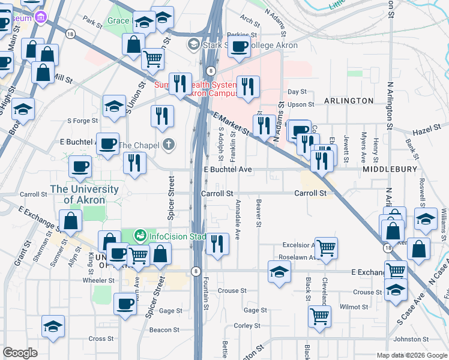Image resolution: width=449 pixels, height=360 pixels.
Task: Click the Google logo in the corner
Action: point(20,353)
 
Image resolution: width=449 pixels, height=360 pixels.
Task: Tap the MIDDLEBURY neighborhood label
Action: point(390,170)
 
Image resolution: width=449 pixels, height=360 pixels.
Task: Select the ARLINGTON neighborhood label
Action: point(349,101)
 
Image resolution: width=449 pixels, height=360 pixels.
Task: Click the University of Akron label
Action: point(84,194)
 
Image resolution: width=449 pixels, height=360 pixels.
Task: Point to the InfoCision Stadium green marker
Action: point(140,236)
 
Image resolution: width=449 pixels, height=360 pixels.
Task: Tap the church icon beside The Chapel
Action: point(169,145)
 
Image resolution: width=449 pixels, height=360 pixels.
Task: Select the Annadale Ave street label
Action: point(238,220)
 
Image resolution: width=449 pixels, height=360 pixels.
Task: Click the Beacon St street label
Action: point(161,329)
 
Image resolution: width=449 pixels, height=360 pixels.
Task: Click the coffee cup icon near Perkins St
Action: point(239,47)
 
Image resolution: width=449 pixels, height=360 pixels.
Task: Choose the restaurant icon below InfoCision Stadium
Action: point(217,244)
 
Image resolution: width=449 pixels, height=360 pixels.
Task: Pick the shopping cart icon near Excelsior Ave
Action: point(326,247)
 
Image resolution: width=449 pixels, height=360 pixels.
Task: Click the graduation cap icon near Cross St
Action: point(53,327)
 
